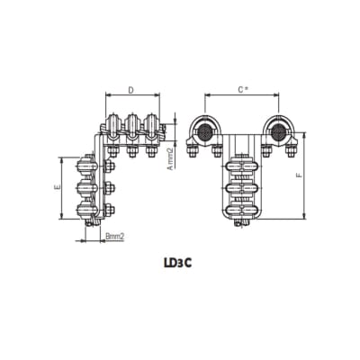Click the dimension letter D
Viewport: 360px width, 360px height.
(131, 91)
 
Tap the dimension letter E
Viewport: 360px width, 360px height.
(57, 189)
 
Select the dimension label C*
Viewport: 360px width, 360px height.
(242, 91)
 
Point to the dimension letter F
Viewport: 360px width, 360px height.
(299, 176)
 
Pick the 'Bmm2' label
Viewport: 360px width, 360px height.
(113, 236)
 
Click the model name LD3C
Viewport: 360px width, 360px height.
(178, 264)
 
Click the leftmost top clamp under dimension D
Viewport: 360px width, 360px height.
(114, 127)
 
